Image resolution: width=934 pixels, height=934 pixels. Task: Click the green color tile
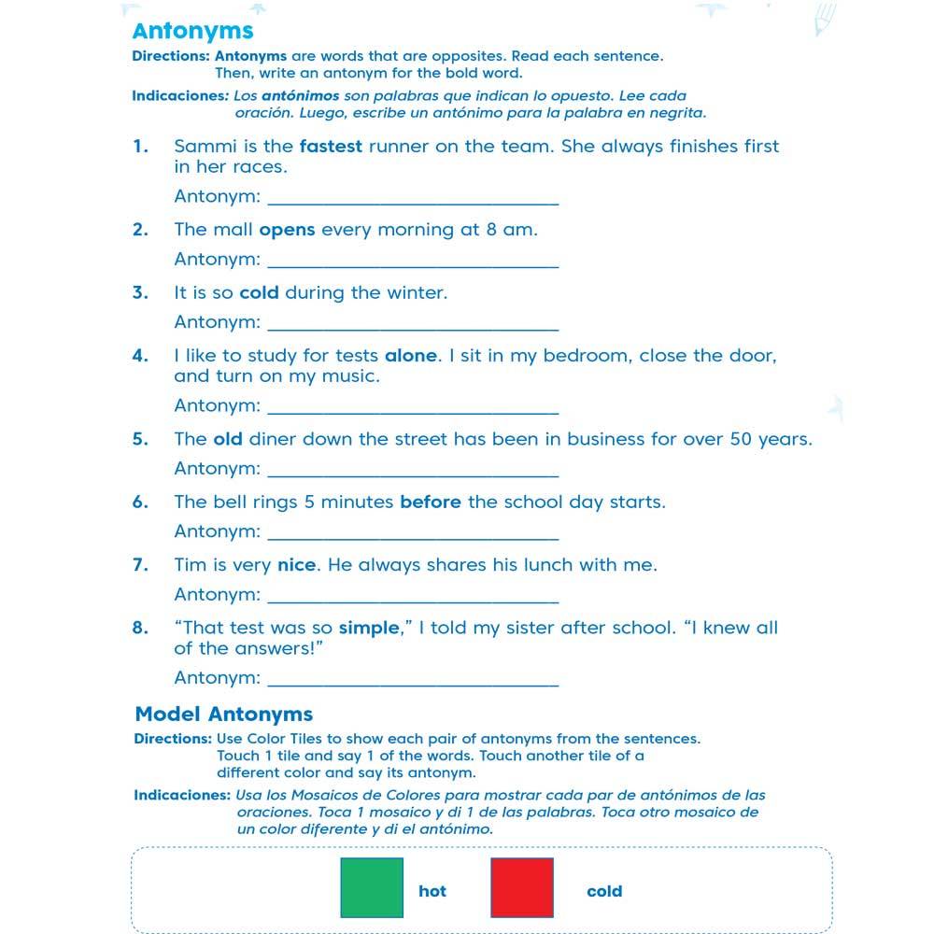tap(372, 887)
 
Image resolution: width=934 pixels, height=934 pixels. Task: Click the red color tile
tap(522, 887)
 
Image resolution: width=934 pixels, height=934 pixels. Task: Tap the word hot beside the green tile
tap(432, 891)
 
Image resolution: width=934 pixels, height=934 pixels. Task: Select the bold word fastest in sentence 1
tap(331, 146)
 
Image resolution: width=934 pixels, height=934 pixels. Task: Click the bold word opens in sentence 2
tap(287, 229)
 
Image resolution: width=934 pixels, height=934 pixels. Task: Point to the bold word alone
tap(411, 355)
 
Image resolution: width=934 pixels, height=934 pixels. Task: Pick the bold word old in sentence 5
tap(228, 439)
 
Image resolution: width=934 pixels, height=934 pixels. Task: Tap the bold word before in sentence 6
tap(431, 502)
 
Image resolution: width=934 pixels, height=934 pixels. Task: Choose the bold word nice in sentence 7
tap(298, 564)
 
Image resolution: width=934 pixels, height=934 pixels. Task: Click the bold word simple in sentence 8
tap(369, 628)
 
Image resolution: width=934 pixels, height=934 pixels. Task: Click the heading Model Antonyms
tap(224, 715)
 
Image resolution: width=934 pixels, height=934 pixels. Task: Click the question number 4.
tap(140, 355)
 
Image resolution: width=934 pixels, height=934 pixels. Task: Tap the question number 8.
tap(140, 628)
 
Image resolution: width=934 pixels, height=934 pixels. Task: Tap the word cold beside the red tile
tap(604, 891)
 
